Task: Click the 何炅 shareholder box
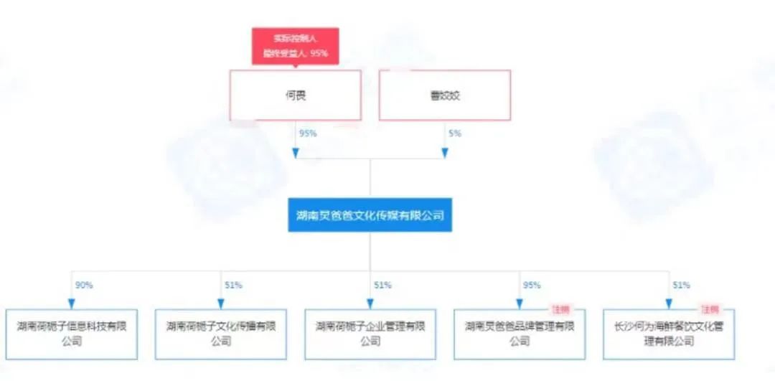[x=295, y=95]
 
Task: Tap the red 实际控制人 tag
[x=295, y=46]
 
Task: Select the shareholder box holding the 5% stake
[x=445, y=95]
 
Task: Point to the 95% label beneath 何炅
[x=308, y=133]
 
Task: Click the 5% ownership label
[x=455, y=133]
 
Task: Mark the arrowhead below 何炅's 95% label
[x=295, y=153]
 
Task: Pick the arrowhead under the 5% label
[x=445, y=153]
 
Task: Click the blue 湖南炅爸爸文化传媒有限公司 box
[x=370, y=215]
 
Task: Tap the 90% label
[x=84, y=285]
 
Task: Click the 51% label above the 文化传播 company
[x=233, y=285]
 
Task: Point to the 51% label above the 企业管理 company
[x=382, y=285]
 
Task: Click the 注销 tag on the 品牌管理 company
[x=560, y=310]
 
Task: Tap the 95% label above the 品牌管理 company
[x=532, y=285]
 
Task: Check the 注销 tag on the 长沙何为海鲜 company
[x=710, y=310]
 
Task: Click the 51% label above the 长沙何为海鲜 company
[x=681, y=285]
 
